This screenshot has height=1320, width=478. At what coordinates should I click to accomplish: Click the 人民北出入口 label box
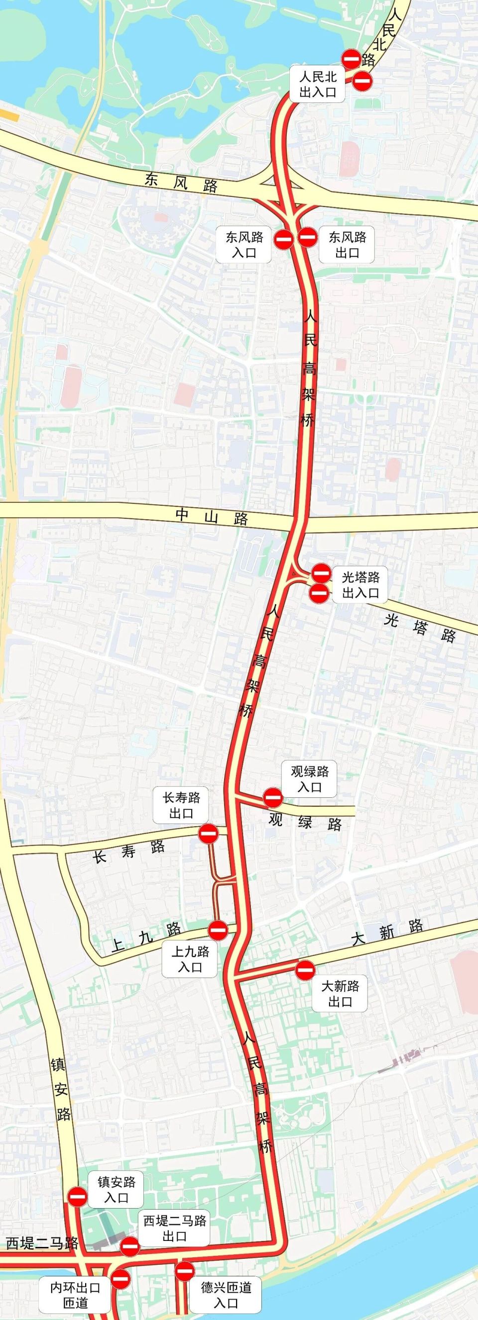pyautogui.click(x=318, y=84)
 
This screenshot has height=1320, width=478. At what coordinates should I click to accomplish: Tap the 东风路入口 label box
pyautogui.click(x=243, y=245)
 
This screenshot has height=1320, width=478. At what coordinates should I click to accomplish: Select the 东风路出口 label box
pyautogui.click(x=347, y=245)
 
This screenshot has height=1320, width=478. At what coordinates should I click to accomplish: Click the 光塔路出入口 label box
pyautogui.click(x=360, y=585)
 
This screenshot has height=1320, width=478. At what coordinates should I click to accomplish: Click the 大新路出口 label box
pyautogui.click(x=340, y=993)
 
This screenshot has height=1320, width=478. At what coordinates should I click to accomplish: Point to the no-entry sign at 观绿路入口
pyautogui.click(x=272, y=797)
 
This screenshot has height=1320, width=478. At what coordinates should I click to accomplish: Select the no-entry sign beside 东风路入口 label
pyautogui.click(x=283, y=239)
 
